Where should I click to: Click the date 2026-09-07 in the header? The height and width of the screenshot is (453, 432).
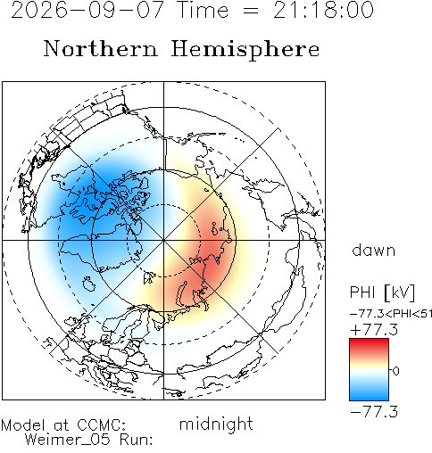(87, 10)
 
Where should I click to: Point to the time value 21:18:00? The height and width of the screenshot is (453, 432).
(323, 10)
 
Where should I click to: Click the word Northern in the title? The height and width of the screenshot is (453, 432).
(101, 49)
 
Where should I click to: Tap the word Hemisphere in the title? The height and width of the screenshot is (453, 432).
(245, 50)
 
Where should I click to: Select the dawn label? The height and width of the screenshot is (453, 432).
(374, 251)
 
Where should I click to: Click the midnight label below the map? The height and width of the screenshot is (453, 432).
(216, 424)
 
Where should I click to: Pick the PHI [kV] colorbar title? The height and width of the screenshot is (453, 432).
(382, 292)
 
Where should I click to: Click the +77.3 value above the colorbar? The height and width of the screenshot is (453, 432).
(374, 330)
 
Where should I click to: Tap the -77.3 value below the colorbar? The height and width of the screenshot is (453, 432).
(374, 412)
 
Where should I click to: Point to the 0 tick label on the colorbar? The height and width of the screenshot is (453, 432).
(396, 371)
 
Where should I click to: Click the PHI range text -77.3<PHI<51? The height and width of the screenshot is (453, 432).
(391, 314)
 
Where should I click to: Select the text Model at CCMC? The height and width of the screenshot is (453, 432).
(63, 425)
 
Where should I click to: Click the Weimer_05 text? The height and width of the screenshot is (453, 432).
(68, 440)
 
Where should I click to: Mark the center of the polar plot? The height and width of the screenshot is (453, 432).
(163, 240)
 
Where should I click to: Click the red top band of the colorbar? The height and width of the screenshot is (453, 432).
(369, 345)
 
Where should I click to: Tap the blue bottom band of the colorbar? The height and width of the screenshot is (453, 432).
(369, 394)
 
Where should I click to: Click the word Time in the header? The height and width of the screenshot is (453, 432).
(203, 10)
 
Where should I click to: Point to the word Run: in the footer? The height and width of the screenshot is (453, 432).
(137, 440)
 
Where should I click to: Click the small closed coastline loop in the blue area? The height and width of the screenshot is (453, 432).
(89, 284)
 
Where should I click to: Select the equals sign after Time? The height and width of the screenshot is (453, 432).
(251, 11)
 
